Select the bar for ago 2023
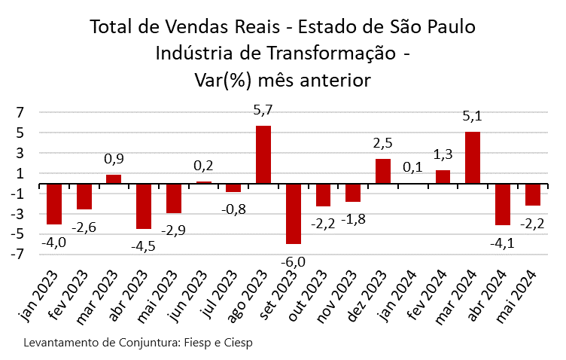click(x=263, y=154)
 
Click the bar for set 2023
click(x=294, y=214)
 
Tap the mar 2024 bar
click(x=473, y=157)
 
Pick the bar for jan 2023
click(x=54, y=204)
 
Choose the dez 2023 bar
click(x=383, y=171)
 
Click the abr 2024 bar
click(x=503, y=204)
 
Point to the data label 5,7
click(x=263, y=110)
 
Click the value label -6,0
click(x=294, y=261)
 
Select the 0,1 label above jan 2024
click(x=413, y=167)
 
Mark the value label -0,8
click(x=233, y=209)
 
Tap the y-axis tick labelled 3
click(x=21, y=154)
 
